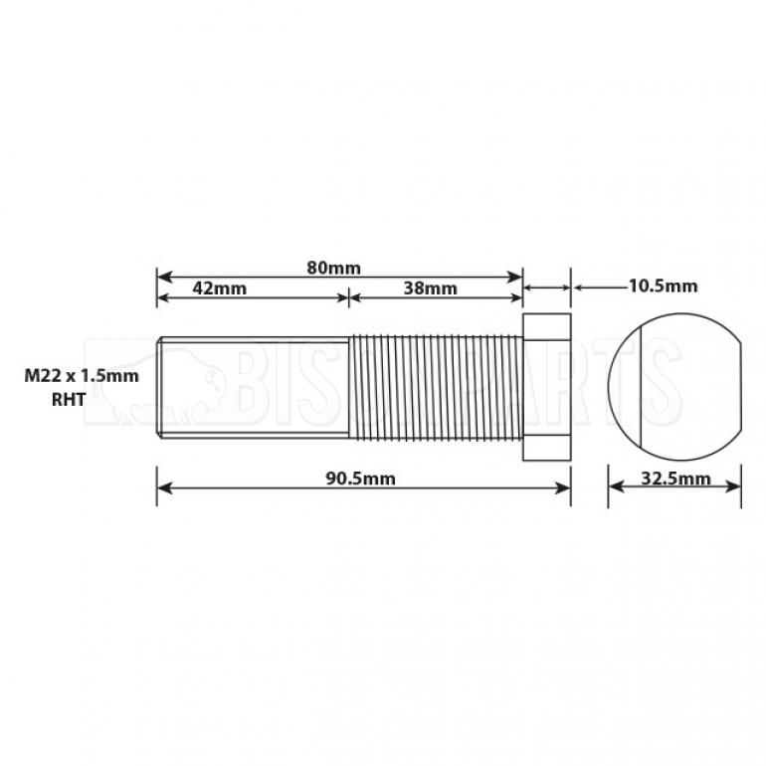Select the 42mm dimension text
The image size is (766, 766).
[219, 288]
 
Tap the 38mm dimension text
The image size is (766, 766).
[431, 288]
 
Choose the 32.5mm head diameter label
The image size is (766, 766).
[676, 479]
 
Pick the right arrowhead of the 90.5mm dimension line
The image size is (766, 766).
[564, 487]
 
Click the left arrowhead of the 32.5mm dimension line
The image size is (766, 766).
[614, 487]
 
